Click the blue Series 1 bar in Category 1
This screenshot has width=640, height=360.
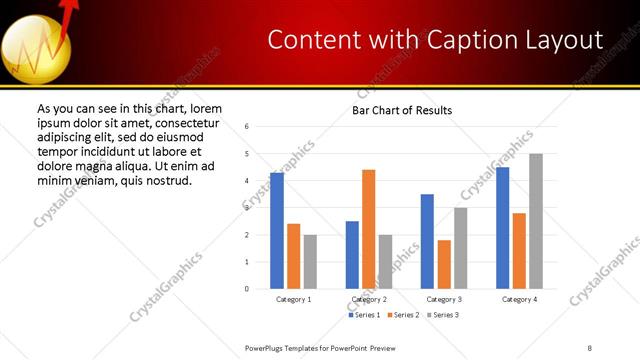[277, 231]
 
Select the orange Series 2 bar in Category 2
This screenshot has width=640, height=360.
[368, 229]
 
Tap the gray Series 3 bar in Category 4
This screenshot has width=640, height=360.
[536, 221]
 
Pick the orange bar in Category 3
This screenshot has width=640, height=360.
[444, 264]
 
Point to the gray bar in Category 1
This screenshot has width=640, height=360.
[310, 262]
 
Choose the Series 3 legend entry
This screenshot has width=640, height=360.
[444, 315]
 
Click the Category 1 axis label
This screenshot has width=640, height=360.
[293, 299]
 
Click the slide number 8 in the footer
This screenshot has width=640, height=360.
[590, 347]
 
